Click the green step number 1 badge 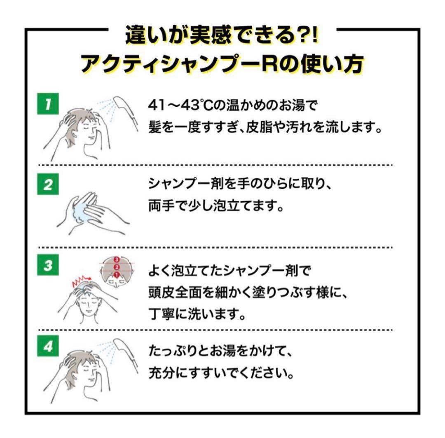48,105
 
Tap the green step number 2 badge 48,185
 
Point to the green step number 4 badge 48,347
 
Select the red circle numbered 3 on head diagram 116,260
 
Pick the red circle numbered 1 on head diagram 116,274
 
